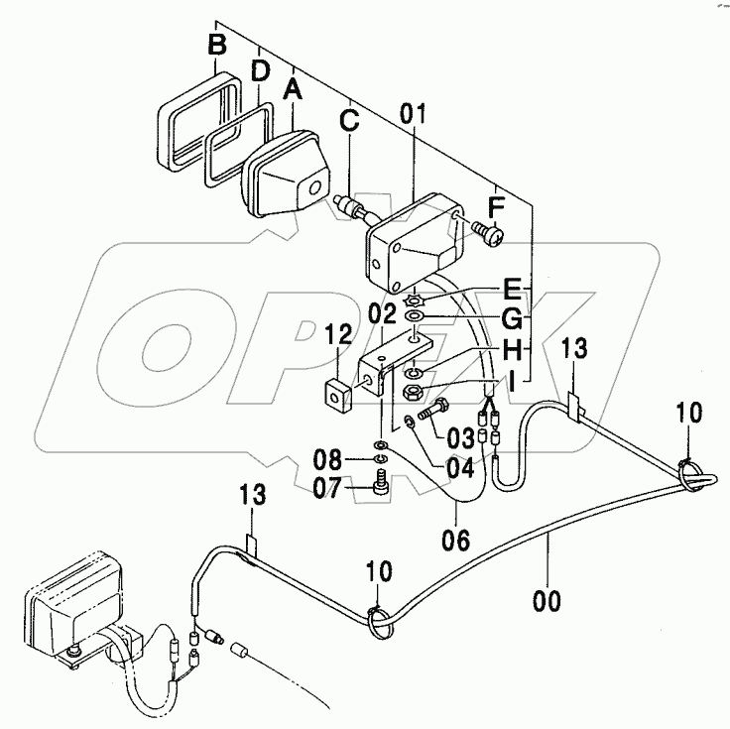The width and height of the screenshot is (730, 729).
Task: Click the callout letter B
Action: point(217,44)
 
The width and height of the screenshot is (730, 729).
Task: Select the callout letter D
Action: point(259,70)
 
